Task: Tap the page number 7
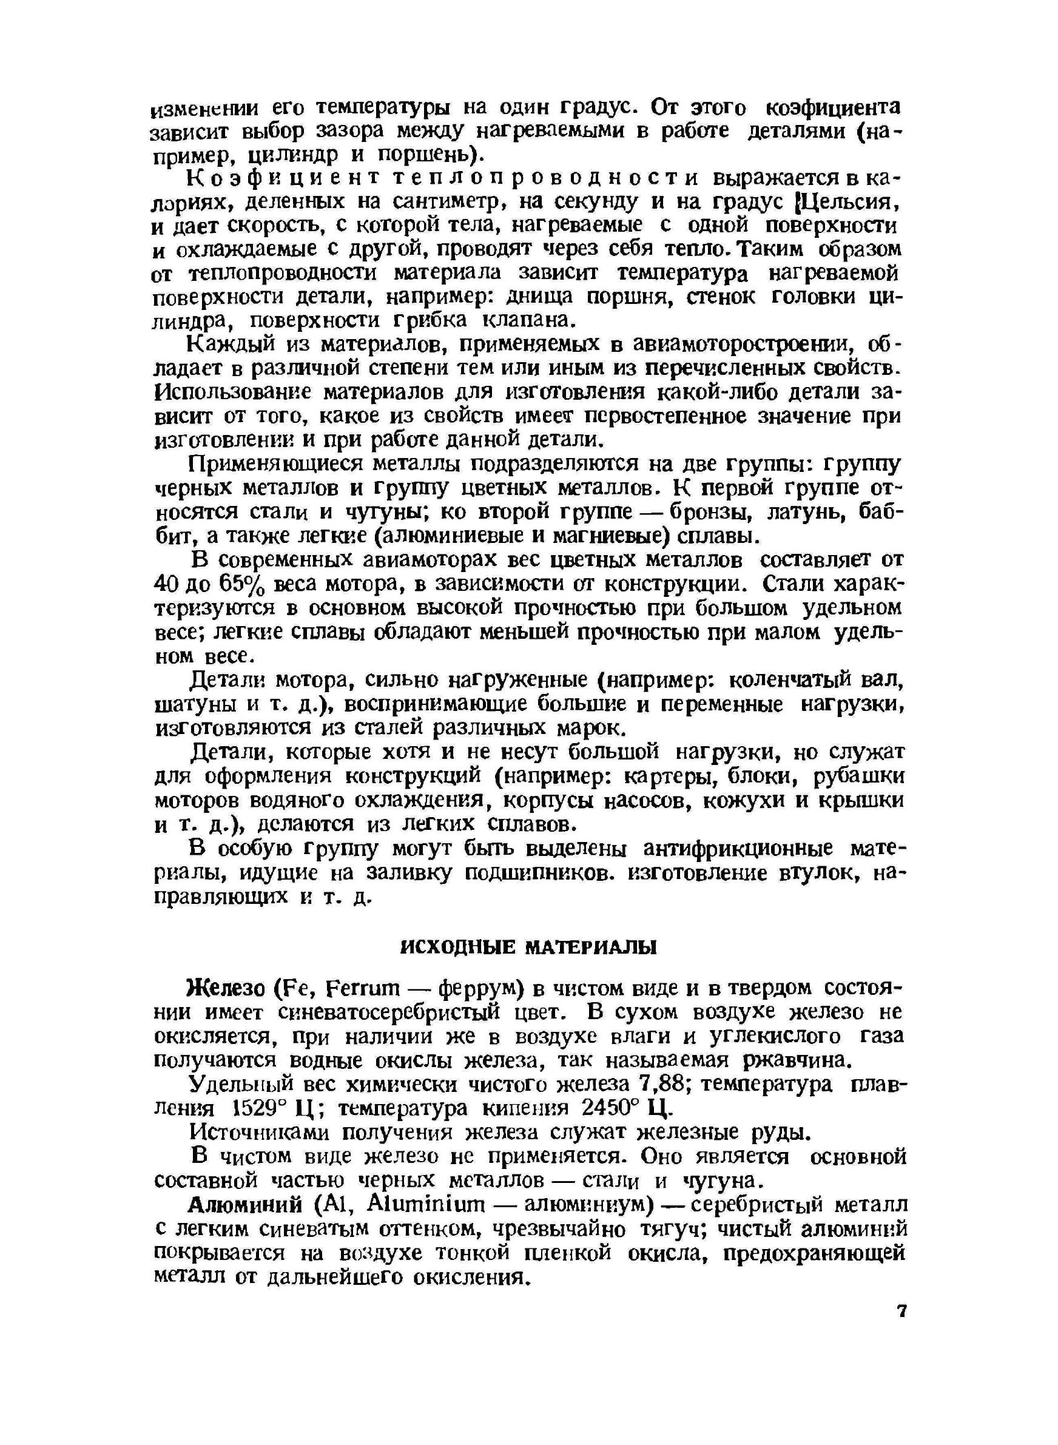tap(901, 1311)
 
